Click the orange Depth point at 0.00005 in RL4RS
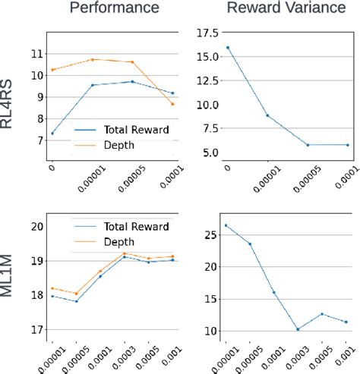tap(132, 62)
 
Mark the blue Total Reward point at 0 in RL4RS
tap(52, 134)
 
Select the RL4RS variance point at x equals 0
tap(227, 48)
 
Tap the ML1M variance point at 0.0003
tap(298, 329)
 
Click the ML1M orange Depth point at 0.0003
tap(125, 253)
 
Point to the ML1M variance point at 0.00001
tap(226, 225)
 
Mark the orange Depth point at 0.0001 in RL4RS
tap(172, 104)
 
